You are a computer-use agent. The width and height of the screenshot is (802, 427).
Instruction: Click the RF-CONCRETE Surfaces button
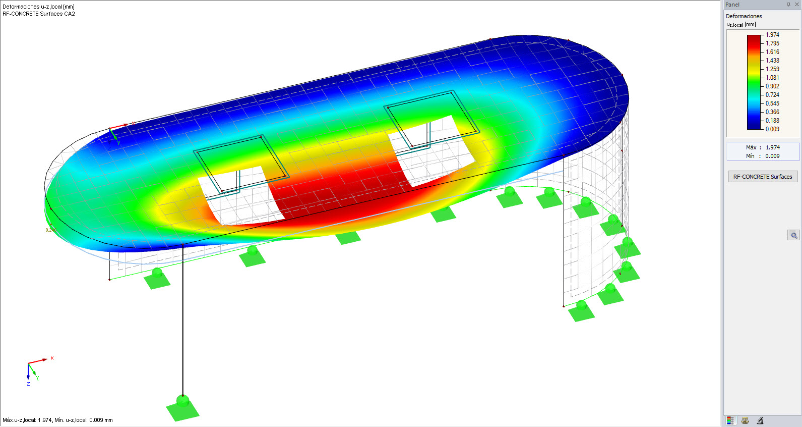pyautogui.click(x=763, y=177)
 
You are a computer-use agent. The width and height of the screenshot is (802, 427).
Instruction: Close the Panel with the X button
pyautogui.click(x=797, y=5)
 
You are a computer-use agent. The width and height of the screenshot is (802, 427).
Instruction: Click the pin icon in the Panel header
pyautogui.click(x=788, y=5)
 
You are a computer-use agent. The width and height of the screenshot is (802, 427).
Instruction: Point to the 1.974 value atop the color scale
pyautogui.click(x=772, y=35)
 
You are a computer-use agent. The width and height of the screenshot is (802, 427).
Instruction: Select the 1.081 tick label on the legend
pyautogui.click(x=772, y=78)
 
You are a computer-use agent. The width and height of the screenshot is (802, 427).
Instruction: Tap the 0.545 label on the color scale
pyautogui.click(x=772, y=103)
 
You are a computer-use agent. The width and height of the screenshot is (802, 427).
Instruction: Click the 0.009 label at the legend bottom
pyautogui.click(x=772, y=129)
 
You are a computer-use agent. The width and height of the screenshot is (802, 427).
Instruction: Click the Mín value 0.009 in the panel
pyautogui.click(x=772, y=156)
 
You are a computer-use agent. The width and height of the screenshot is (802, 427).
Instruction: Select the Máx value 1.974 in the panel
pyautogui.click(x=773, y=147)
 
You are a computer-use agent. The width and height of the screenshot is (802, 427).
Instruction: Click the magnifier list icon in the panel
pyautogui.click(x=793, y=235)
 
